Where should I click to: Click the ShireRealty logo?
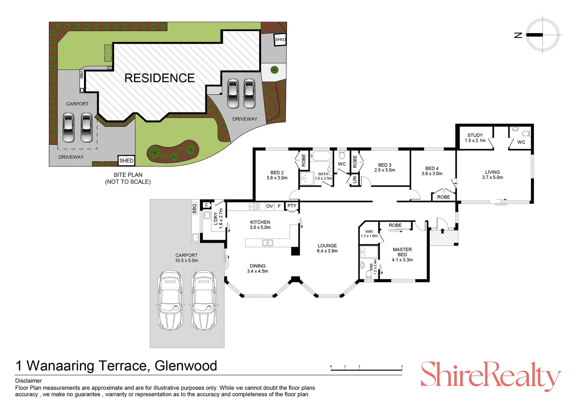coord(491,376)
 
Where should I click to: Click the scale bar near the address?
coord(367,368)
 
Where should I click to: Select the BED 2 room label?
coord(277,175)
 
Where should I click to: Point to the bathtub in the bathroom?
coord(321,156)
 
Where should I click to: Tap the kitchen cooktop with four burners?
coord(254,206)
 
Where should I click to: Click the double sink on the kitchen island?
coord(267,243)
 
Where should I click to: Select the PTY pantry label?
coord(292,206)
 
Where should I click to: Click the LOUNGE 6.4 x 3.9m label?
coord(327,248)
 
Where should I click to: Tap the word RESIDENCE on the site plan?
coord(160,78)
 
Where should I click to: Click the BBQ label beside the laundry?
coord(194,208)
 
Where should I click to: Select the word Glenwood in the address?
coord(186,366)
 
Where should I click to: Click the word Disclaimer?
coord(28,380)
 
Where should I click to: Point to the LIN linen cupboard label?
coord(354,180)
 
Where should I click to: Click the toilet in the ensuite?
coord(368,274)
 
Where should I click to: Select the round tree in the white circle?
coord(274,70)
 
